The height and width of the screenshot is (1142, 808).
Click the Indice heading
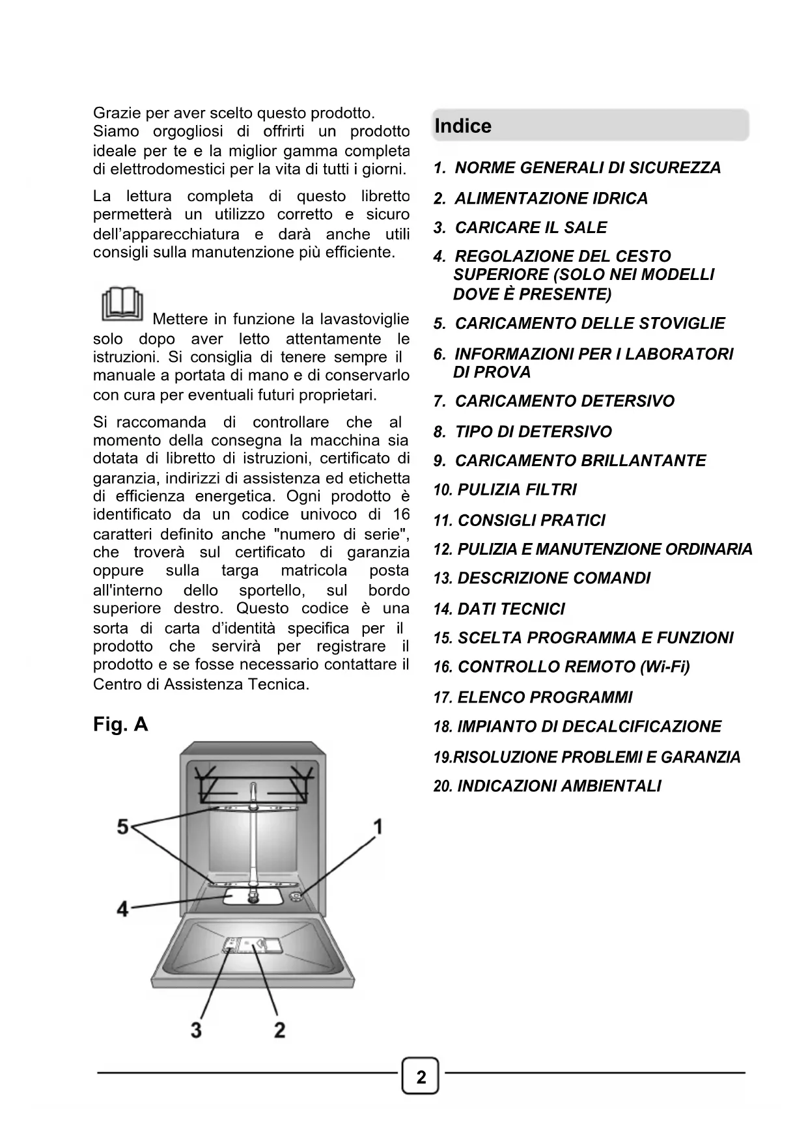[x=463, y=126]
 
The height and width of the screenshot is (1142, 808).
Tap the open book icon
[x=122, y=304]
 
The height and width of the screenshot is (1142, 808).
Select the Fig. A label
[x=120, y=724]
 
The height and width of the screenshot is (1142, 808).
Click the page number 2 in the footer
[x=421, y=1078]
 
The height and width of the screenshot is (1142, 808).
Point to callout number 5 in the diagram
[x=122, y=827]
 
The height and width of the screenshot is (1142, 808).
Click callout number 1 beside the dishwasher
[x=377, y=827]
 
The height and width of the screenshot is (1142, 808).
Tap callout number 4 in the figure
[x=122, y=908]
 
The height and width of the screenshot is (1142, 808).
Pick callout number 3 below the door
[x=196, y=1030]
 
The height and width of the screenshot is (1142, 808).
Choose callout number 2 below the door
[x=279, y=1030]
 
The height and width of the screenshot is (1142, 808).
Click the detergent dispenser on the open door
[x=252, y=945]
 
